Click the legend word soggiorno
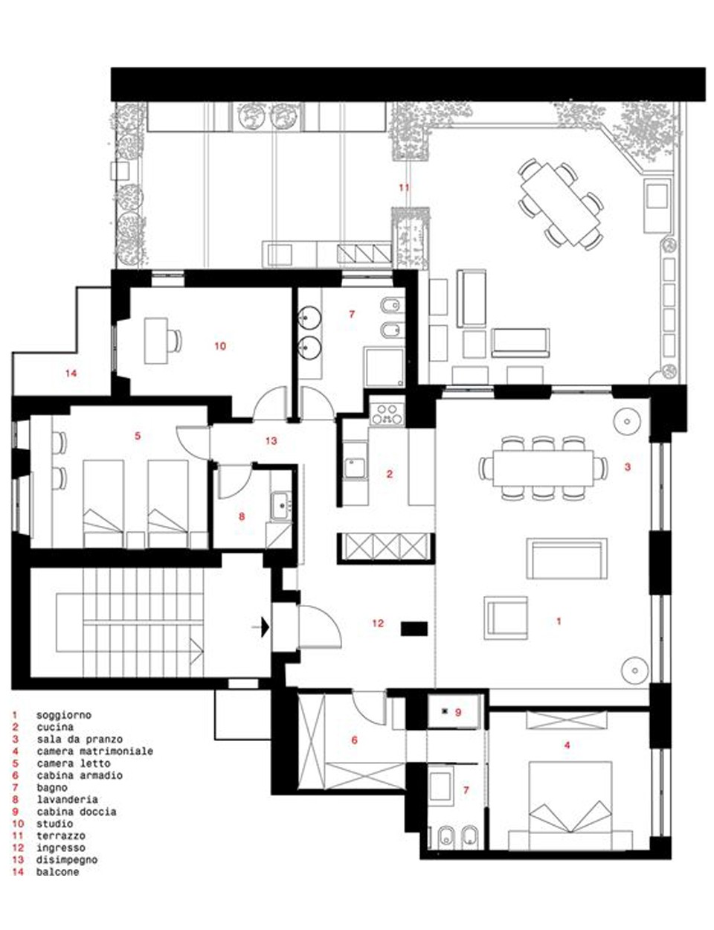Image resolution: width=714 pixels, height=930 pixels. [x=64, y=715]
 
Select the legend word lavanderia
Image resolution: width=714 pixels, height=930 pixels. [x=67, y=799]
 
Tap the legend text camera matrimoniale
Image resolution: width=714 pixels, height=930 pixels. [x=94, y=751]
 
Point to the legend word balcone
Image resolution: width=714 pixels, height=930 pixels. [x=58, y=871]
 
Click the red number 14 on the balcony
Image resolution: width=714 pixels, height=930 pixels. [x=71, y=373]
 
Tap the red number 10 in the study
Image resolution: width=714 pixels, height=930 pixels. [x=220, y=346]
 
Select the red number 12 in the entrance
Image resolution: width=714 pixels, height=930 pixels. [x=378, y=623]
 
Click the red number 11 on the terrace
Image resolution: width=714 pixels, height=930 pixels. [x=404, y=187]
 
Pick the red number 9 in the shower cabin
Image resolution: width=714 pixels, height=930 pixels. [x=458, y=712]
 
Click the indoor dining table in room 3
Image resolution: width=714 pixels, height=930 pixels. [x=543, y=468]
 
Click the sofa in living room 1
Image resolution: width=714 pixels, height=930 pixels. [x=567, y=559]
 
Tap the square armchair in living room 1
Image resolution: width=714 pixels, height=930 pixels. [x=506, y=618]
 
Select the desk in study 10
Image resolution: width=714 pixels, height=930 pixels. [x=155, y=341]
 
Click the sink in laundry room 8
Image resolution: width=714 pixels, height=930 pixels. [x=281, y=506]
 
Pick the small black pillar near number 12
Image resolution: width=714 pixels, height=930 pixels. [x=414, y=629]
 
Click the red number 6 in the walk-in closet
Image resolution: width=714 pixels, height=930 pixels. [x=354, y=740]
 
